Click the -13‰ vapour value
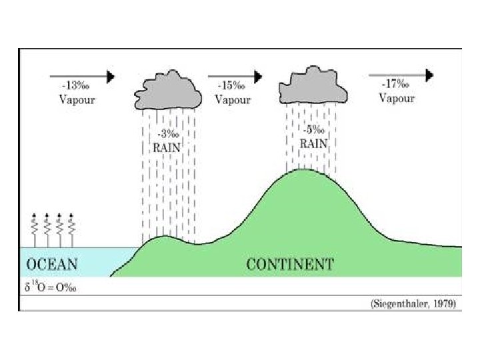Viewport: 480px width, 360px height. (x=75, y=86)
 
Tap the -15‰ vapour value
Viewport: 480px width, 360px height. (x=231, y=86)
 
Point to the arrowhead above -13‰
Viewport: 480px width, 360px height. (x=110, y=76)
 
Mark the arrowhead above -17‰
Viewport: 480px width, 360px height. (x=431, y=75)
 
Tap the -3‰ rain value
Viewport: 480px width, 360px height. (x=166, y=134)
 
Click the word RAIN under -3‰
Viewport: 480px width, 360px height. (x=167, y=147)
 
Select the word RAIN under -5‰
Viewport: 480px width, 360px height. (x=312, y=143)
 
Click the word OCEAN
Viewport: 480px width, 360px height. (x=51, y=264)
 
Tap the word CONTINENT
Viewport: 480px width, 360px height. (x=289, y=264)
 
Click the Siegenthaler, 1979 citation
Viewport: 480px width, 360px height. (x=413, y=303)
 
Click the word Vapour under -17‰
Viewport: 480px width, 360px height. (x=397, y=98)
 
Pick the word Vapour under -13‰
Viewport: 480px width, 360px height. (x=77, y=100)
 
